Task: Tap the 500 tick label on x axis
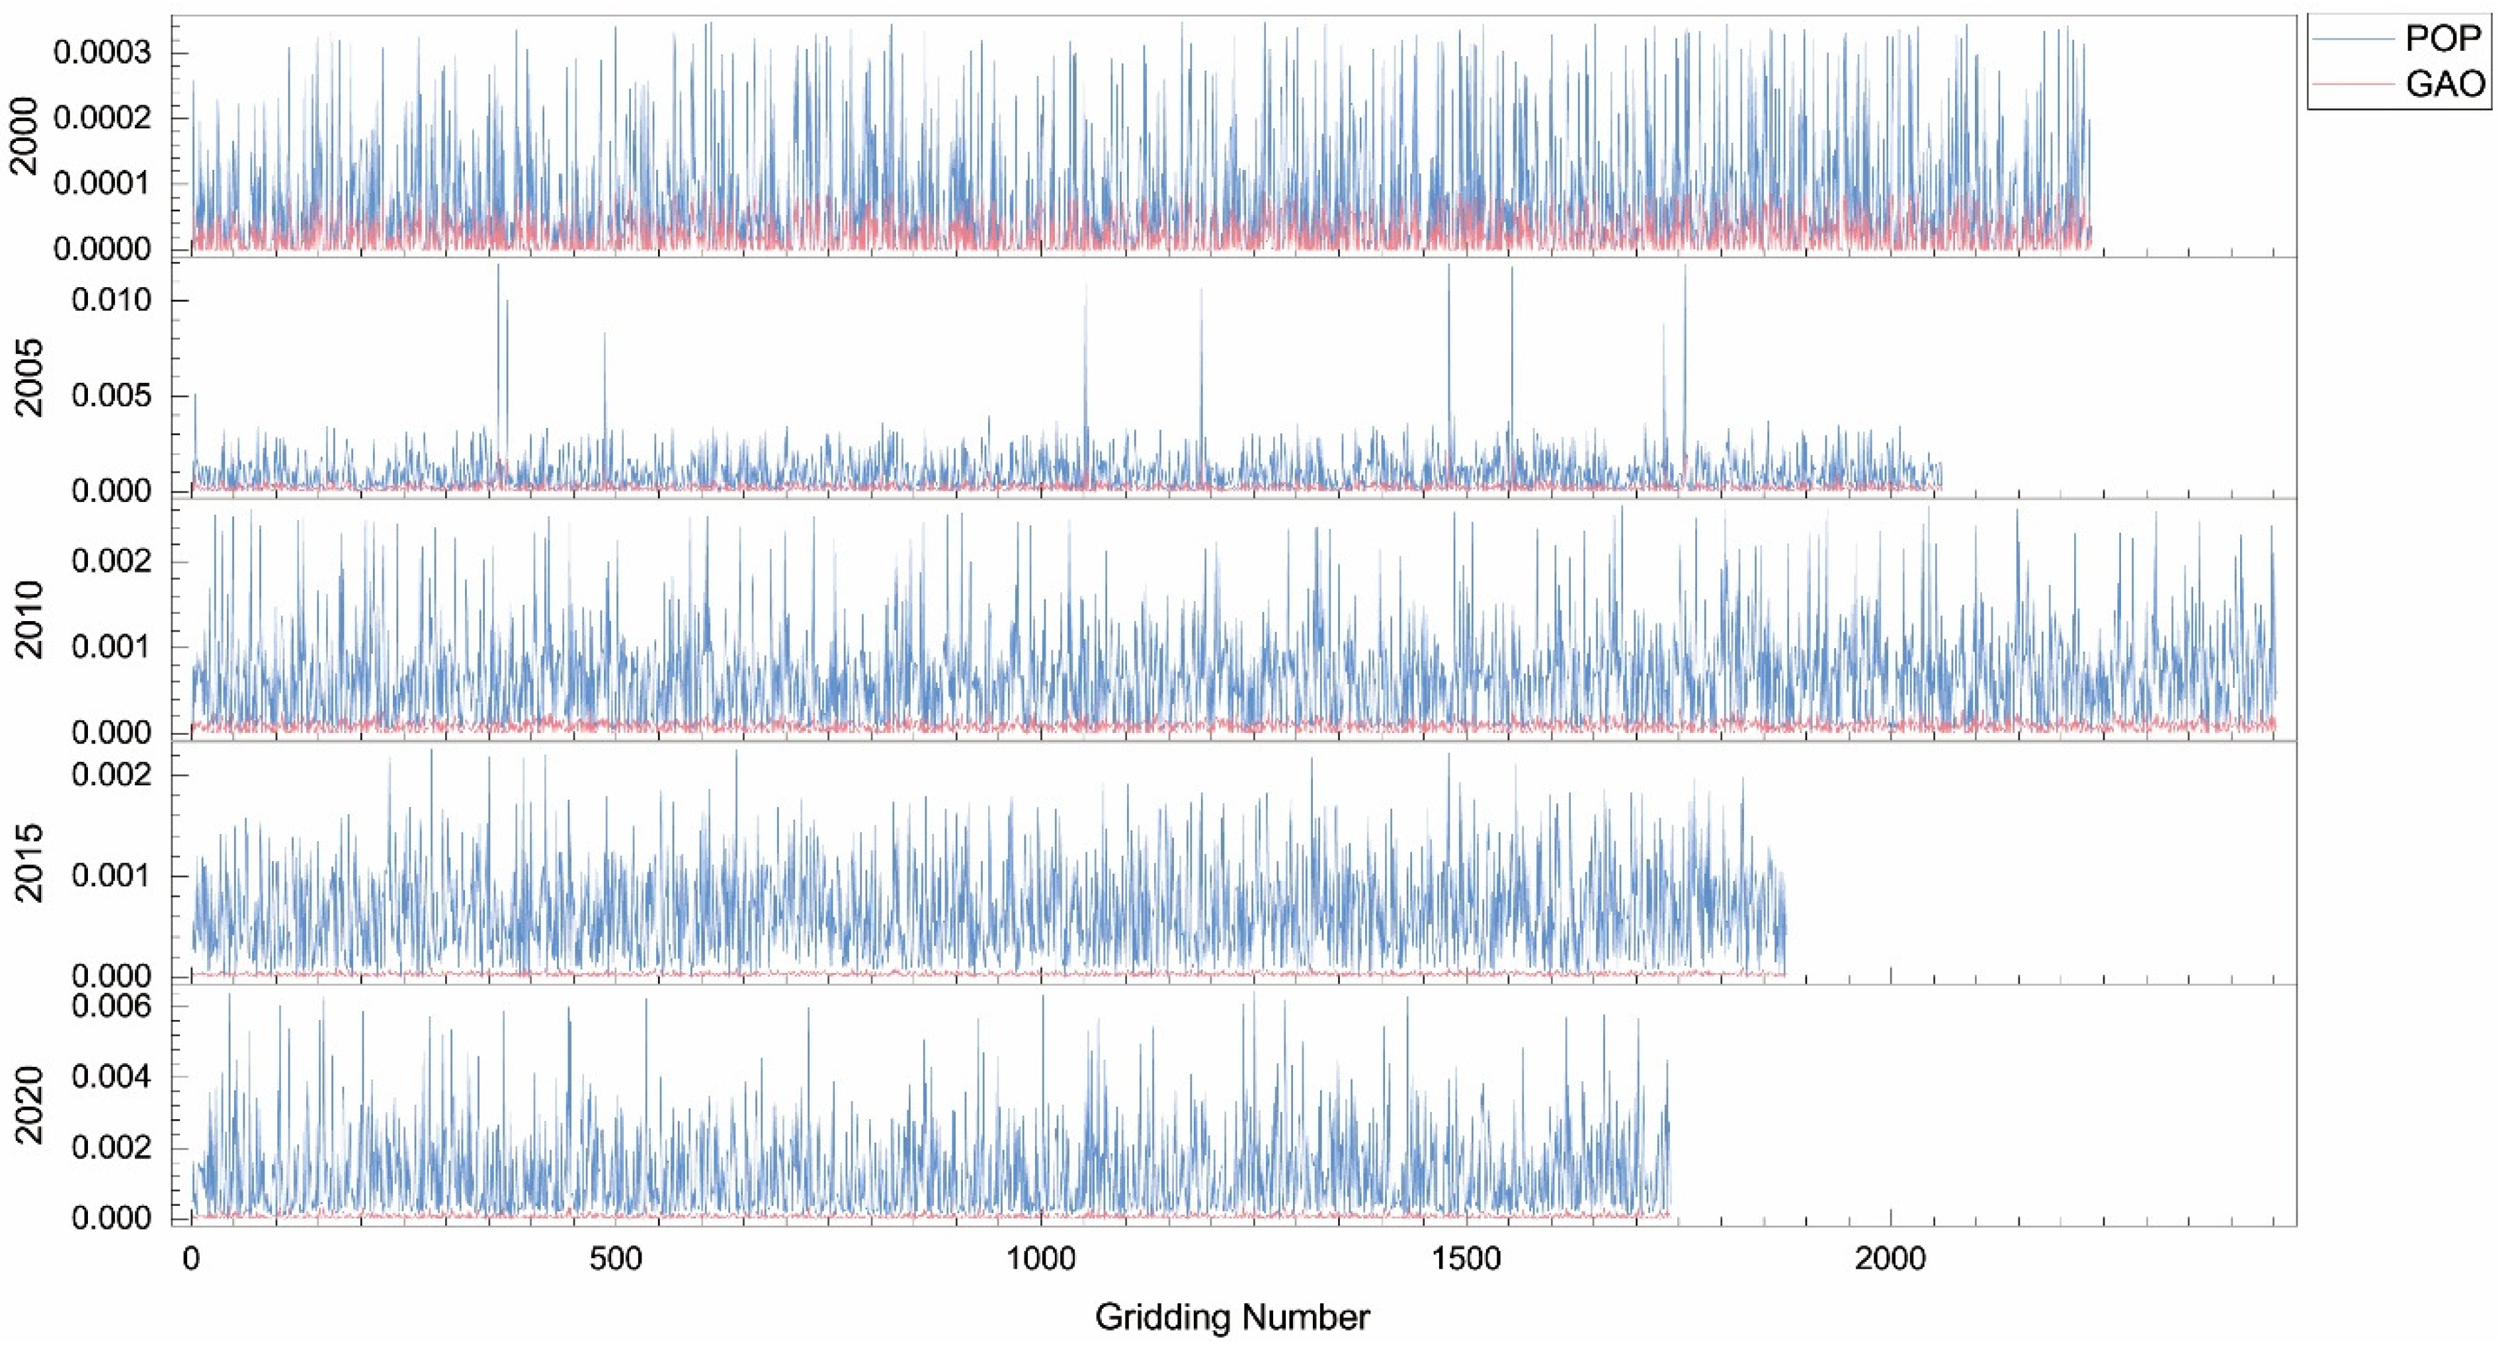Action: pyautogui.click(x=615, y=1259)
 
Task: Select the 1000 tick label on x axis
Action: pyautogui.click(x=1041, y=1259)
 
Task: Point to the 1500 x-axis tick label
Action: pyautogui.click(x=1466, y=1259)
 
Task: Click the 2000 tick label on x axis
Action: pyautogui.click(x=1890, y=1259)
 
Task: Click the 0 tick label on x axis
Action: pyautogui.click(x=190, y=1259)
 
